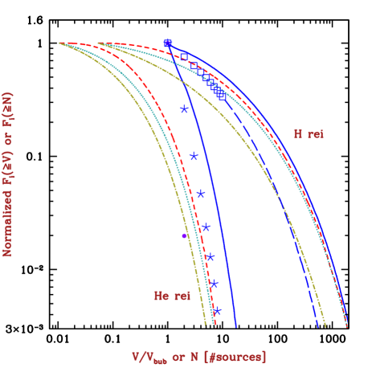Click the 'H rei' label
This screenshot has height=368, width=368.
[309, 134]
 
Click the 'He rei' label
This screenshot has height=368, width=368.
[173, 296]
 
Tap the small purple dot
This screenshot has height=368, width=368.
[184, 235]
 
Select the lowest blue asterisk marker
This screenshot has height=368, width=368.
[217, 311]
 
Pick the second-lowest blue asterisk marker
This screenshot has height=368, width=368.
[214, 284]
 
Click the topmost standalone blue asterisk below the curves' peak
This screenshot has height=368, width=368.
[184, 109]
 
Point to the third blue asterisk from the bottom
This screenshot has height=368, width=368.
[210, 257]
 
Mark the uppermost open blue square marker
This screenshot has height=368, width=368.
[183, 56]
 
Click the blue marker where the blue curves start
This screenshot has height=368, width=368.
[167, 43]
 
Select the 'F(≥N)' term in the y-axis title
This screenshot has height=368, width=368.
[9, 113]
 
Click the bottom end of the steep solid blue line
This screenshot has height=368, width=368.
[236, 327]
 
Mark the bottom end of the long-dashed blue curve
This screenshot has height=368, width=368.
[319, 327]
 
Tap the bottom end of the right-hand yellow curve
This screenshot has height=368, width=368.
[325, 327]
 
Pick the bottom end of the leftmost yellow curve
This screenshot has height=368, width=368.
[207, 326]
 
